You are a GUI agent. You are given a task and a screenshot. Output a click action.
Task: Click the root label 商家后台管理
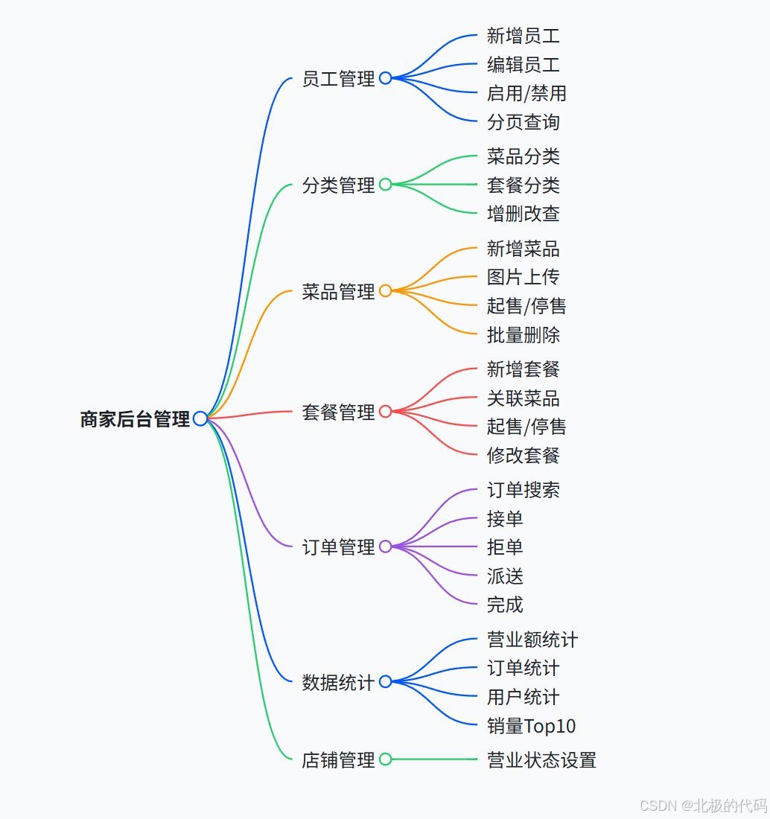point(135,419)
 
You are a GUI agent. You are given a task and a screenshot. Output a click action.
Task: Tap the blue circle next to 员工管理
point(385,78)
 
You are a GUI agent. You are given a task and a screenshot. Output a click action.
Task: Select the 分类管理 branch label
point(338,185)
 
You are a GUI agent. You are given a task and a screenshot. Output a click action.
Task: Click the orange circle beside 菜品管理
point(385,291)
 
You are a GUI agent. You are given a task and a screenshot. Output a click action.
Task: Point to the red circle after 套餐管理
point(385,411)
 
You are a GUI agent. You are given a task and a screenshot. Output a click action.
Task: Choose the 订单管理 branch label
point(338,547)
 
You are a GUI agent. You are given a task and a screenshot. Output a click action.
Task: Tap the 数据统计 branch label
point(338,682)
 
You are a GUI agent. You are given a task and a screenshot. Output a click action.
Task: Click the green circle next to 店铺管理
point(385,759)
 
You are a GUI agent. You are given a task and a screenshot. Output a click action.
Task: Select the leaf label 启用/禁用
point(526,94)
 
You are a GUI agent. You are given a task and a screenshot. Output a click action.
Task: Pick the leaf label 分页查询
point(523,122)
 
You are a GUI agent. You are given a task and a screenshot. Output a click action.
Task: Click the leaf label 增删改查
point(523,214)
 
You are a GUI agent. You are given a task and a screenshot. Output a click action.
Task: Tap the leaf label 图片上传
point(523,277)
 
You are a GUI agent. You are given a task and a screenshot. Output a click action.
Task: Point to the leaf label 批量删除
point(523,335)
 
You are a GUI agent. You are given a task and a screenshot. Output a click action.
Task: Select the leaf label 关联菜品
point(523,398)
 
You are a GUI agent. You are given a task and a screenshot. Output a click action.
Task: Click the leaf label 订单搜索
point(523,490)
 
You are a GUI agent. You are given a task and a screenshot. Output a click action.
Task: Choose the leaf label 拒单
point(505,547)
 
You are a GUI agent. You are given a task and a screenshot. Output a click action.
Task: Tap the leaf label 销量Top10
point(531,726)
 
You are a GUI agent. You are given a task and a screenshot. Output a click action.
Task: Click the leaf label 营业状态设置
point(541,760)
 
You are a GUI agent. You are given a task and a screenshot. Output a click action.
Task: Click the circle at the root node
point(200,418)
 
